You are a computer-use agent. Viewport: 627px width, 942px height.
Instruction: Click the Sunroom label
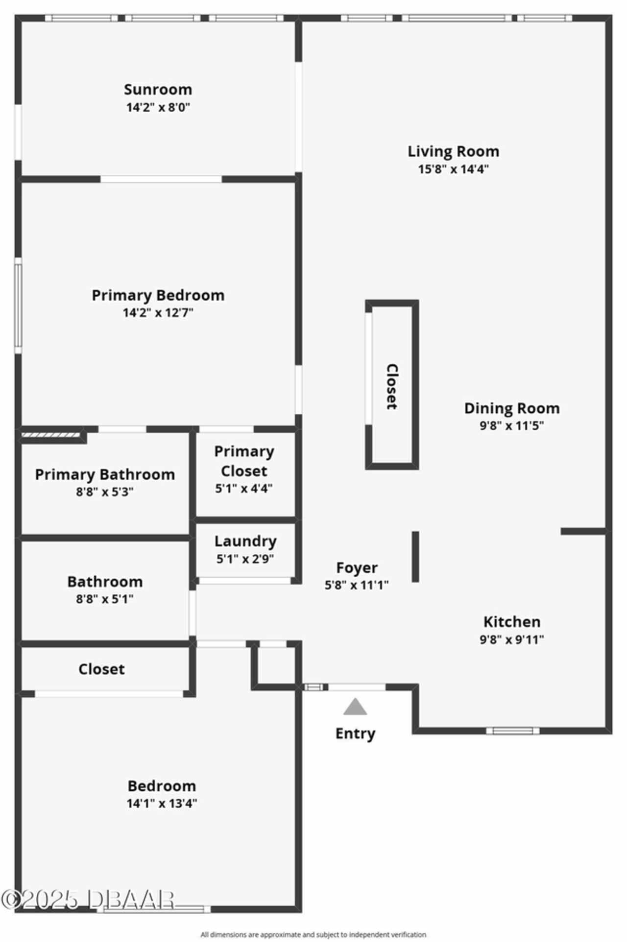pyautogui.click(x=158, y=90)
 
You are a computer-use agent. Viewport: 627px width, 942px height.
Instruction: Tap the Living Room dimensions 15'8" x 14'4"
pyautogui.click(x=453, y=169)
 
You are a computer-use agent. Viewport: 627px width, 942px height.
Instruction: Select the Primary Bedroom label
pyautogui.click(x=158, y=295)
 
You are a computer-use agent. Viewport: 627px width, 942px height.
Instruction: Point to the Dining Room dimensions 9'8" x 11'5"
pyautogui.click(x=511, y=425)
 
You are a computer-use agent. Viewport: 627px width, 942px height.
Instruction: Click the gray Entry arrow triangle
pyautogui.click(x=355, y=706)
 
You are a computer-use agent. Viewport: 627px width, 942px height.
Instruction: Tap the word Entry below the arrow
pyautogui.click(x=355, y=733)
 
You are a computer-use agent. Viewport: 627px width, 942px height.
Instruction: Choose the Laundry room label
pyautogui.click(x=245, y=541)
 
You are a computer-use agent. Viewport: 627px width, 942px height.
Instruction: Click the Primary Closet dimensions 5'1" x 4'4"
pyautogui.click(x=244, y=488)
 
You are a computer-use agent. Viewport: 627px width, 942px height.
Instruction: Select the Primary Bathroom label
pyautogui.click(x=105, y=474)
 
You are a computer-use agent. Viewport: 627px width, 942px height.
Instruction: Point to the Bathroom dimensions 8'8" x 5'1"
pyautogui.click(x=105, y=599)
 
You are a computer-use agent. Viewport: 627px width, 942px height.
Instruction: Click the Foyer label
pyautogui.click(x=357, y=567)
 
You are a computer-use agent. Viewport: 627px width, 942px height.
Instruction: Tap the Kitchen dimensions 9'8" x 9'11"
pyautogui.click(x=512, y=639)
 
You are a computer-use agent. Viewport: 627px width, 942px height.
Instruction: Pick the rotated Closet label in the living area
pyautogui.click(x=392, y=386)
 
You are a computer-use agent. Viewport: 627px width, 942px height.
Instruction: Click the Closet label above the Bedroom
pyautogui.click(x=101, y=669)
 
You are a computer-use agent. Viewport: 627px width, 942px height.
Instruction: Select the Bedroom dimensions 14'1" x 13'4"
pyautogui.click(x=162, y=803)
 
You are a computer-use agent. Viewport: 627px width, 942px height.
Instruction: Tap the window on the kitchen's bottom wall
pyautogui.click(x=513, y=731)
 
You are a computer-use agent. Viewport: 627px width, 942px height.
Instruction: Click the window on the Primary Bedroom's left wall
pyautogui.click(x=18, y=306)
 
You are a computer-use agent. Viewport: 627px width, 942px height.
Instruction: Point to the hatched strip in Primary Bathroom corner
pyautogui.click(x=51, y=434)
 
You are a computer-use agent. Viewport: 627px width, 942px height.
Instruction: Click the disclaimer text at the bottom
pyautogui.click(x=313, y=935)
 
